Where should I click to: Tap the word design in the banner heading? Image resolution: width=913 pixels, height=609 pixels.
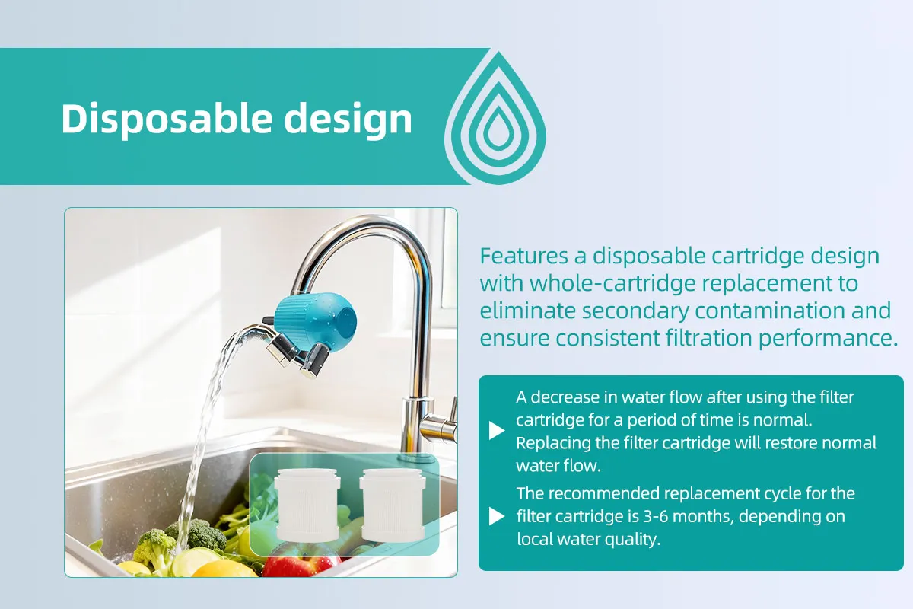point(348,118)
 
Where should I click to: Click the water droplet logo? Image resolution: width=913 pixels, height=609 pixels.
point(495,118)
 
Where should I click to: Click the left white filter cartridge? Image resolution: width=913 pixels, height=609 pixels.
point(307,505)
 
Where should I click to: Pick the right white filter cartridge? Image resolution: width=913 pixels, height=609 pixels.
point(393,505)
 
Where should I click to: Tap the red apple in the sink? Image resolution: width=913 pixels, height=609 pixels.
point(301,565)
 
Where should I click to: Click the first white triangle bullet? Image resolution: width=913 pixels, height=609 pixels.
point(496,431)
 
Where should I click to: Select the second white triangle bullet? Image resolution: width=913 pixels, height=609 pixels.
point(496,516)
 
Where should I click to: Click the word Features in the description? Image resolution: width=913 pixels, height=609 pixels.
point(523,257)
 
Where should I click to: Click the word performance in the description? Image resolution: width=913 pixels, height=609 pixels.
point(828,339)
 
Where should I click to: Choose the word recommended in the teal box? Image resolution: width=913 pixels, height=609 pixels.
point(609,494)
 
